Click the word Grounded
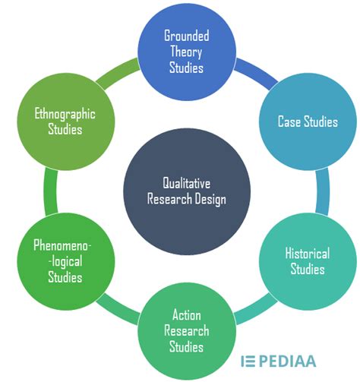pos(188,35)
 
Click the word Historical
pos(308,254)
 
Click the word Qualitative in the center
pos(184,183)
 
